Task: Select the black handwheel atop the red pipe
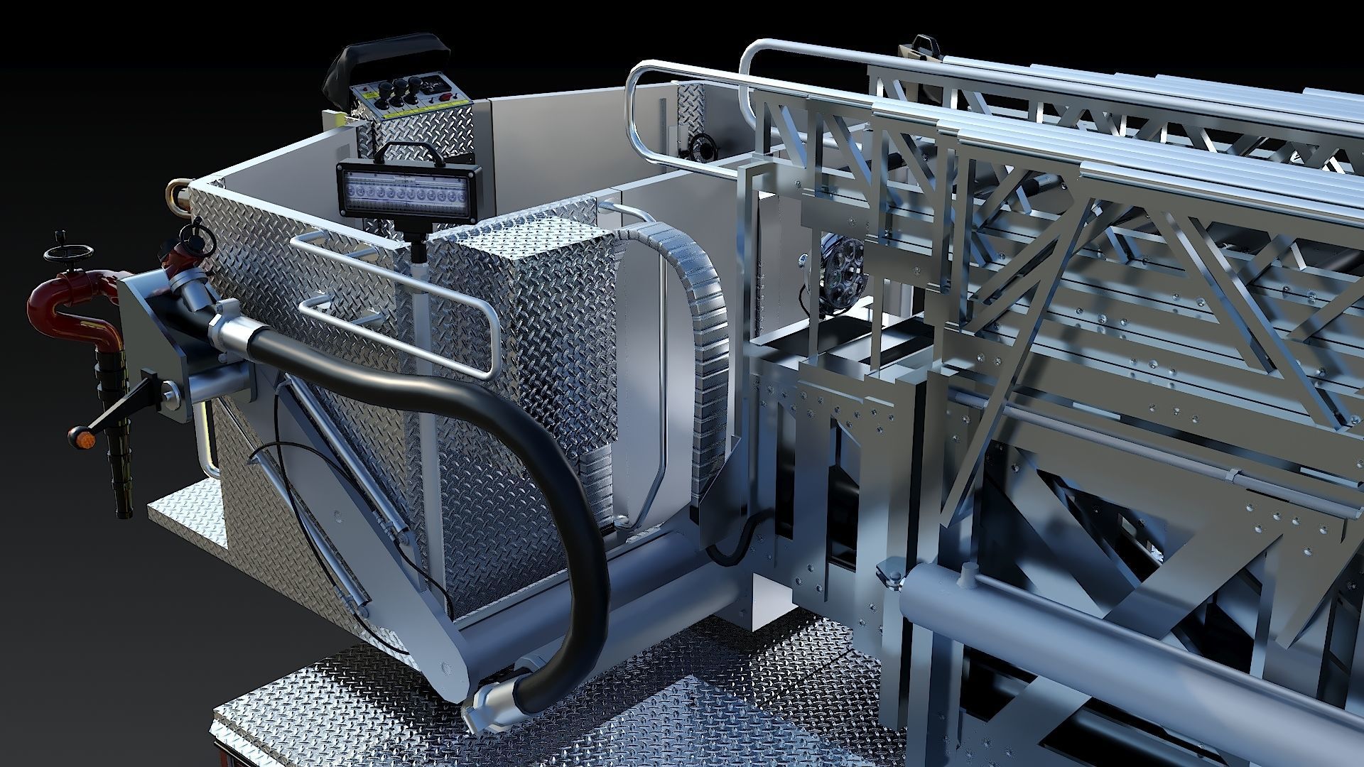click(61, 253)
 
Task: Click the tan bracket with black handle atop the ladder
click(921, 48)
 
